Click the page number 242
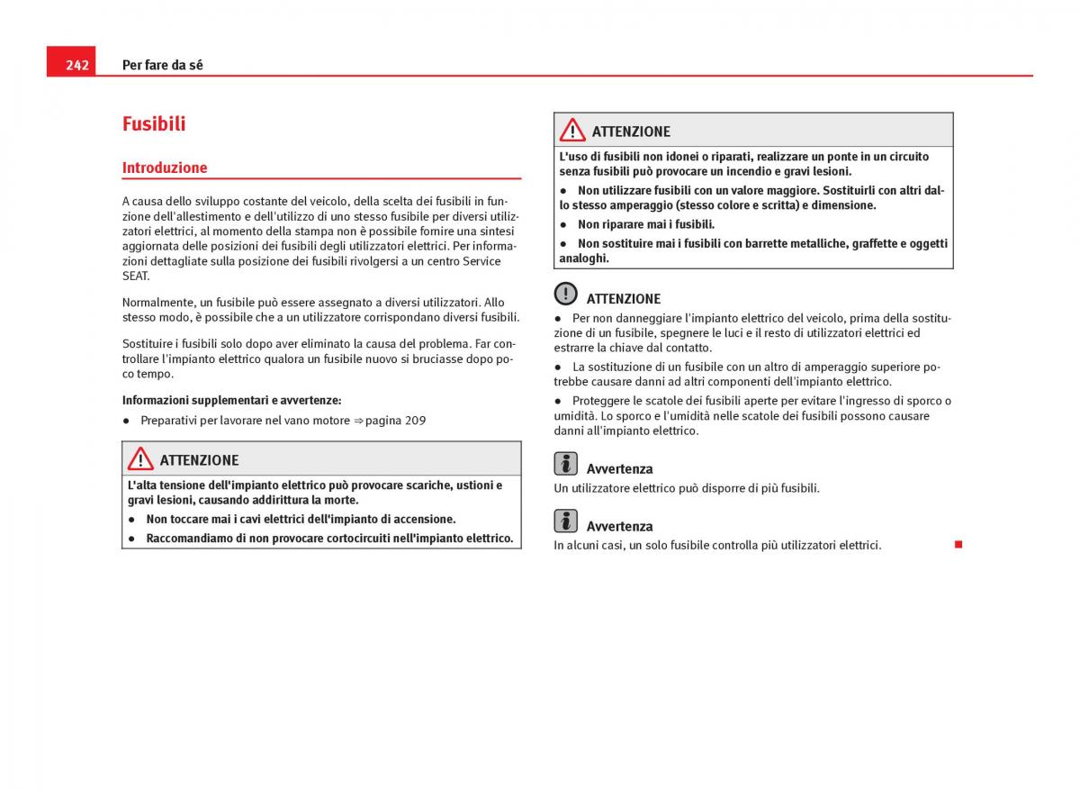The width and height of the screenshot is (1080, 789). pyautogui.click(x=76, y=65)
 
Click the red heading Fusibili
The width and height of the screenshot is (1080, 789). pyautogui.click(x=154, y=124)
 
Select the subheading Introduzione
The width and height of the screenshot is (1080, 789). pyautogui.click(x=165, y=168)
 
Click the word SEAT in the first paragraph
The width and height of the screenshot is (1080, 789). pyautogui.click(x=136, y=277)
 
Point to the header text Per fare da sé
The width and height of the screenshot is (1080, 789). pyautogui.click(x=163, y=65)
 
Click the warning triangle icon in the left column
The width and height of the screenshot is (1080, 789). pyautogui.click(x=140, y=459)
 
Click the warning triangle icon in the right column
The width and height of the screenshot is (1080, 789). pyautogui.click(x=572, y=131)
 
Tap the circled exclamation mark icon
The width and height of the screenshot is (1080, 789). pyautogui.click(x=566, y=294)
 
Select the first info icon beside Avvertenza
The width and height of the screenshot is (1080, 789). pyautogui.click(x=566, y=464)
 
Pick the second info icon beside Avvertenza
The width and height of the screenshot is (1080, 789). pyautogui.click(x=566, y=521)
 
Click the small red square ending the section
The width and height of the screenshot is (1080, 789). pyautogui.click(x=958, y=544)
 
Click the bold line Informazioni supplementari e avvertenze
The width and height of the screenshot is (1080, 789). pyautogui.click(x=232, y=401)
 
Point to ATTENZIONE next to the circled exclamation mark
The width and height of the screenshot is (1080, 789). pyautogui.click(x=624, y=299)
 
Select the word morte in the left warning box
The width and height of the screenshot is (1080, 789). pyautogui.click(x=340, y=500)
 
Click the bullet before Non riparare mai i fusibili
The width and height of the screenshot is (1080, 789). pyautogui.click(x=563, y=224)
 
